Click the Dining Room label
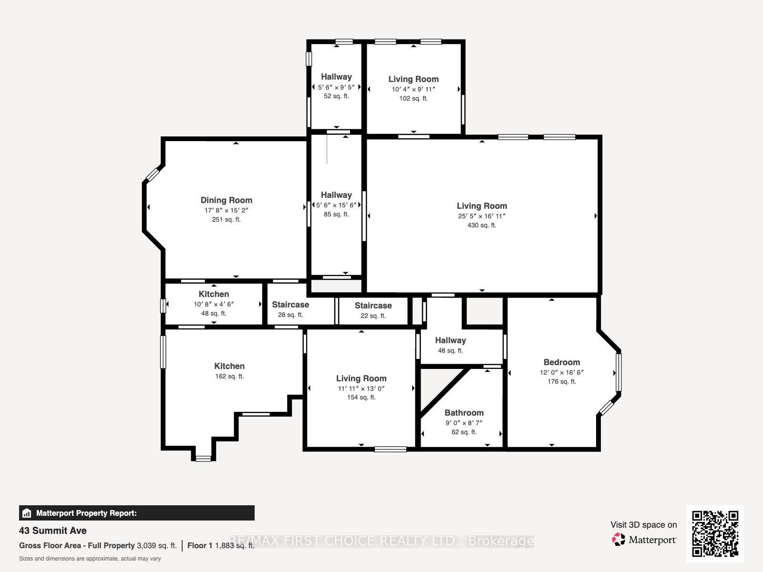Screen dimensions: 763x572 point(227,200)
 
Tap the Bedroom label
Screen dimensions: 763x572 point(562,362)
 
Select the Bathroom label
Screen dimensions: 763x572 point(464,413)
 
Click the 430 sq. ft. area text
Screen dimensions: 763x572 point(482,225)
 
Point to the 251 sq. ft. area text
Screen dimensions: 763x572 point(227,219)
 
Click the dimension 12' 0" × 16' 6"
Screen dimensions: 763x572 point(562,372)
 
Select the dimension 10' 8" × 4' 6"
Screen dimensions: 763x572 point(214,304)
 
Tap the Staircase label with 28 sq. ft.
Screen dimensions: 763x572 point(290,305)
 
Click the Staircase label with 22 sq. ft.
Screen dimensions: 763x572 point(373,306)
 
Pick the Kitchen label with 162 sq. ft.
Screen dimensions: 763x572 point(229,366)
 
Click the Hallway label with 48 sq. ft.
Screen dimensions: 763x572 point(451,340)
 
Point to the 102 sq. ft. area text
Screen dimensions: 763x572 point(413,98)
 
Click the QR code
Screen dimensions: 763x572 point(715,533)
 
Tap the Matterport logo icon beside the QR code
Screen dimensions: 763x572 point(619,540)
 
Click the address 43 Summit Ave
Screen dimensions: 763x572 point(53,531)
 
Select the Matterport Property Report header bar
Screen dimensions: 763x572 point(136,513)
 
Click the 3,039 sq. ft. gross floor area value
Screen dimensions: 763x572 point(157,546)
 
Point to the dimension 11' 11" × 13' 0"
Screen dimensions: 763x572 point(361,388)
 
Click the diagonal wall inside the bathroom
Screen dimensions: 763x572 point(444,393)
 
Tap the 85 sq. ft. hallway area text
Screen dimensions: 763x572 point(336,214)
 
